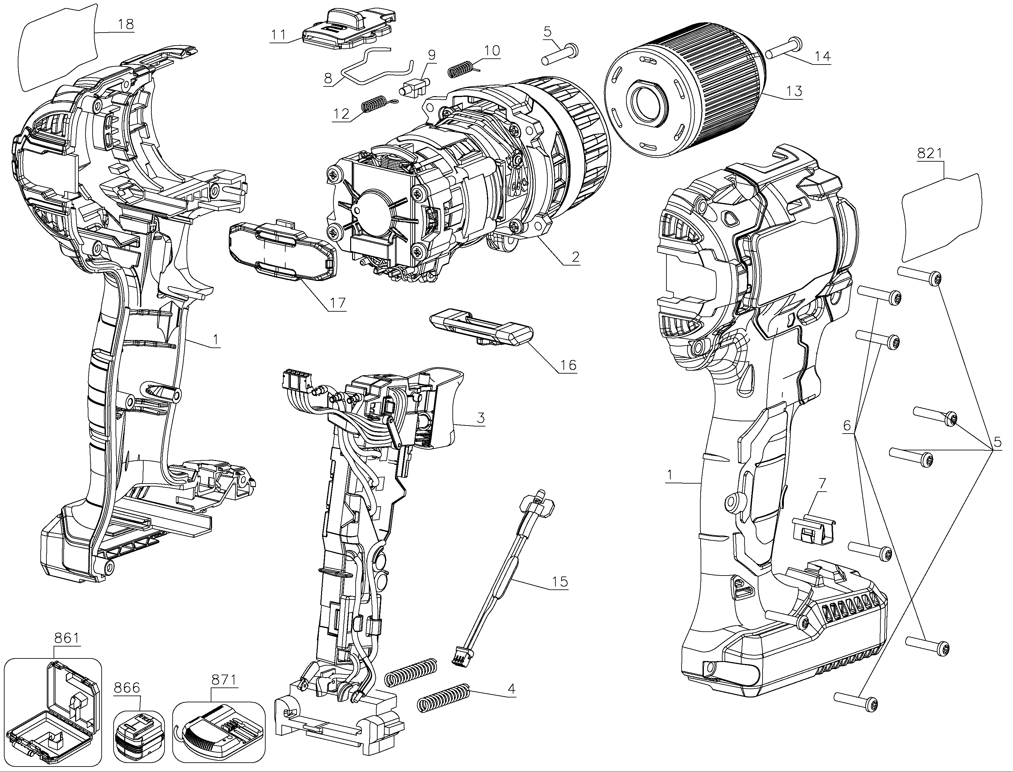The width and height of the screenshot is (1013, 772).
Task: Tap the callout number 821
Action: tap(929, 153)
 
